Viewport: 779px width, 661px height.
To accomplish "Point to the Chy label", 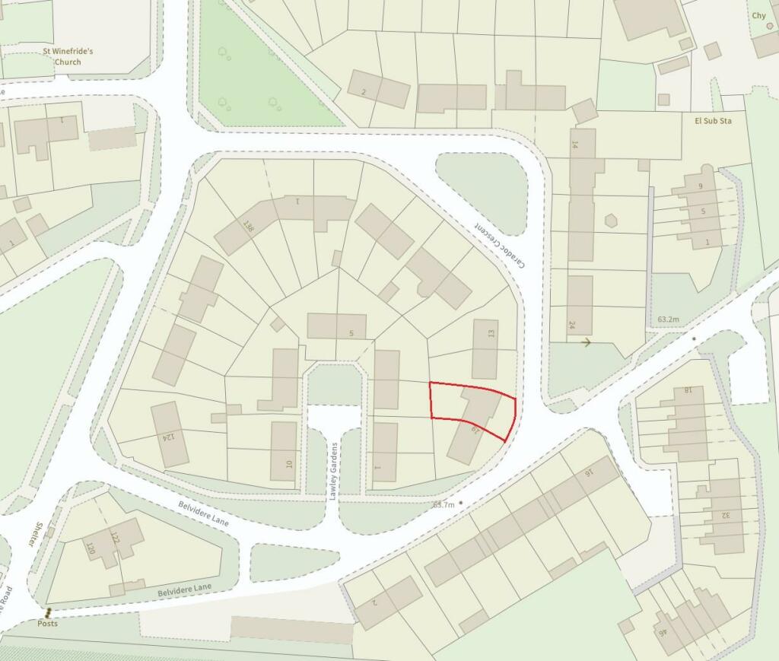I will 758,15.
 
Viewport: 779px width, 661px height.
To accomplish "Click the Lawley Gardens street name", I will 332,471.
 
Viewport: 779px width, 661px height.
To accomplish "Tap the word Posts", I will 47,623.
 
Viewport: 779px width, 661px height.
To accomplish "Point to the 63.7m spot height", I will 443,504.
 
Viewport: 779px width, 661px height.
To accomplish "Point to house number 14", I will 575,144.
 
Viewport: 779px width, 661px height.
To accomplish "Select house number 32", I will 726,514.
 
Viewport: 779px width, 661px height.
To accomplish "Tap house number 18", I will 687,391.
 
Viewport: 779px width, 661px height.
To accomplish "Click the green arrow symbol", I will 586,343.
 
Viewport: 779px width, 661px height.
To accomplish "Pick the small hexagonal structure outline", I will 610,221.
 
